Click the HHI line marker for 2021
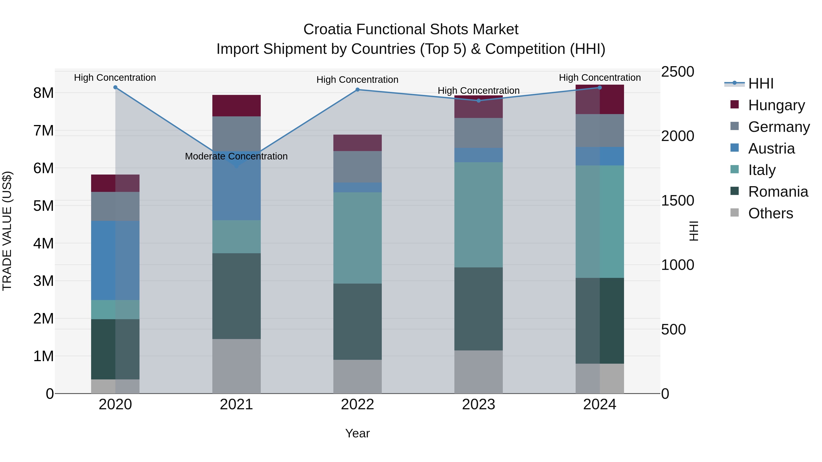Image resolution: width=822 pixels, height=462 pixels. point(237,166)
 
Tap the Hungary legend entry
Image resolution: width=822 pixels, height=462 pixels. point(776,105)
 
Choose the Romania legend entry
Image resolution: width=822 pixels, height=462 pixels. point(778,192)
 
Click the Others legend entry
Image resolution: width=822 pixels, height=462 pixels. point(770,213)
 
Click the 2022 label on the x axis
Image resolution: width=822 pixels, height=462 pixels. point(357,405)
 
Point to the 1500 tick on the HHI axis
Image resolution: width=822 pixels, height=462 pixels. point(677,201)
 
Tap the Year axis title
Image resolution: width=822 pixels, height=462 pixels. point(357,433)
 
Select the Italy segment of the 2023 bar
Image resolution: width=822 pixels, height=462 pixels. point(478,215)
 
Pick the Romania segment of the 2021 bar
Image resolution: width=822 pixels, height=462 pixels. point(237,296)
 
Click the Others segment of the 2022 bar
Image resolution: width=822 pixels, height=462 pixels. point(357,376)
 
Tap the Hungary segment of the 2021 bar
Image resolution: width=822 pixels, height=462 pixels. point(237,106)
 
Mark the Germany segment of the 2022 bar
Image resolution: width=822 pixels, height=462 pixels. point(357,167)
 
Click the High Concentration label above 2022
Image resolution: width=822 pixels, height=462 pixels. point(357,80)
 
